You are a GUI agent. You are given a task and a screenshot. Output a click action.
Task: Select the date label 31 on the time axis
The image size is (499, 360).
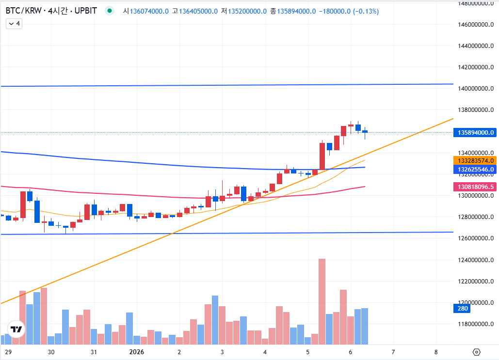(x=94, y=352)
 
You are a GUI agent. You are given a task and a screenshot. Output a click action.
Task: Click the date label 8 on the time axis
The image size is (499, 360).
(x=436, y=352)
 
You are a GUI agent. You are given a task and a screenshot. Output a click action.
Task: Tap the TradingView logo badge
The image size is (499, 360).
(x=16, y=329)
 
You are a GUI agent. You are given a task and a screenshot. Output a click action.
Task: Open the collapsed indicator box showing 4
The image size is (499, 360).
(x=14, y=23)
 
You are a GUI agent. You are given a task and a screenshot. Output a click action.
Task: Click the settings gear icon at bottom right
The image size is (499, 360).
(x=476, y=352)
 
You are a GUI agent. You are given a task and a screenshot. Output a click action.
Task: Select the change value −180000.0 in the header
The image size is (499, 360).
(x=335, y=11)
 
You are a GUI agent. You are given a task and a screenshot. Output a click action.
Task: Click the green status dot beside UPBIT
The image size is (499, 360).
(x=110, y=11)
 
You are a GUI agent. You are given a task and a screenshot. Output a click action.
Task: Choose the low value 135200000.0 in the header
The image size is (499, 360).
(x=247, y=11)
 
